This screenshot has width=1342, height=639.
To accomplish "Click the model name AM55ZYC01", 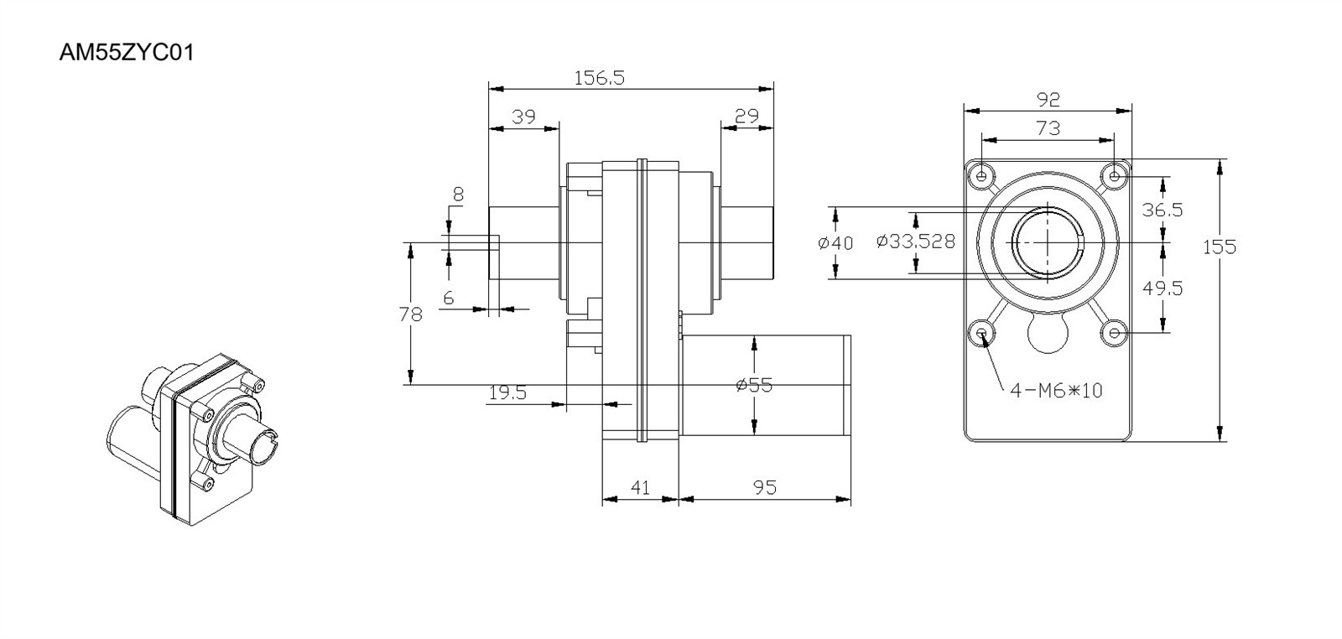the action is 127,54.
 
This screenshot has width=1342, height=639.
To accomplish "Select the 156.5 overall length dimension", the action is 600,78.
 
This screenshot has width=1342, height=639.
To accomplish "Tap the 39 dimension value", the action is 523,117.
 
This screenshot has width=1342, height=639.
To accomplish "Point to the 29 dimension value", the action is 746,116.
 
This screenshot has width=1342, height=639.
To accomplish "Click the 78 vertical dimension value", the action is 411,314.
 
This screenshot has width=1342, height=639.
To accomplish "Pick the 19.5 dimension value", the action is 508,392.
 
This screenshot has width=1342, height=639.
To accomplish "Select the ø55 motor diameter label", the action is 754,385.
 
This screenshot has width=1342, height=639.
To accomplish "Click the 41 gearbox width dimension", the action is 641,487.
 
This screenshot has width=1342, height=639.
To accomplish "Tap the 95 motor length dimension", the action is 765,487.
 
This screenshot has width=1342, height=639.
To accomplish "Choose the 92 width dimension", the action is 1048,100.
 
